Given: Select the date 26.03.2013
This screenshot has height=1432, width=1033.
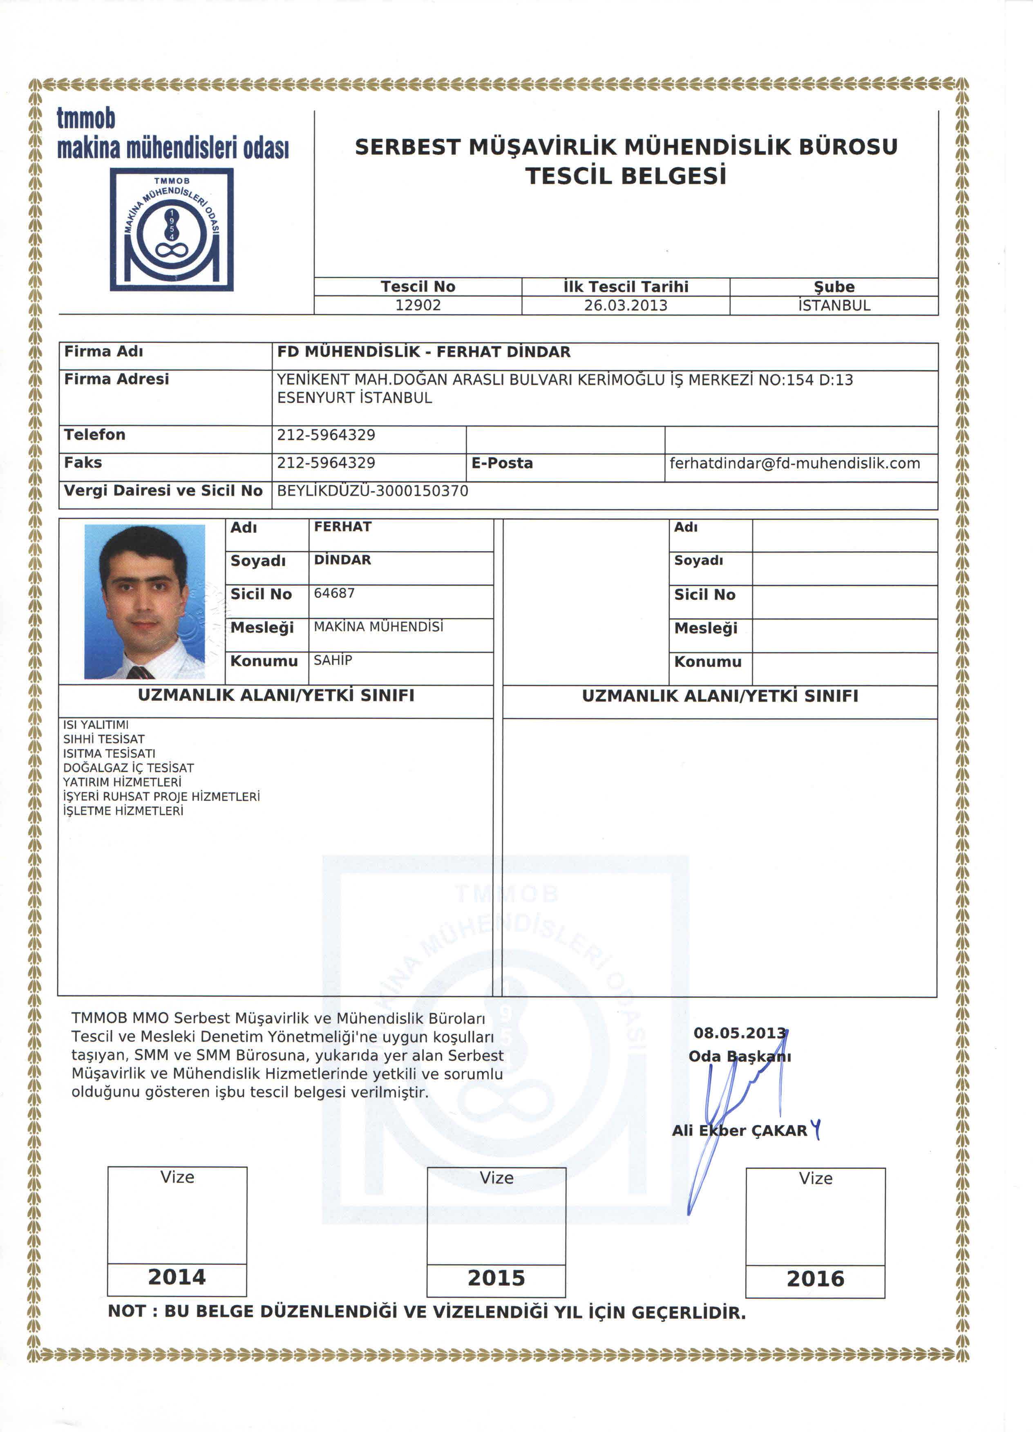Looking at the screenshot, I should tap(625, 306).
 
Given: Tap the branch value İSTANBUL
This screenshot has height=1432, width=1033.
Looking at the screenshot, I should tap(834, 306).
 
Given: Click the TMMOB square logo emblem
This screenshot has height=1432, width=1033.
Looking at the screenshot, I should tap(172, 229).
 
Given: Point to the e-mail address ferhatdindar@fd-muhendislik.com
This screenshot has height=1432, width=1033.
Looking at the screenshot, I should tap(794, 463).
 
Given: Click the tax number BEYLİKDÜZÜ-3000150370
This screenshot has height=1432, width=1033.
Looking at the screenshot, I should tap(373, 491).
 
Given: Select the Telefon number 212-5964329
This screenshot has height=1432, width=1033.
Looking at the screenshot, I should tap(326, 435).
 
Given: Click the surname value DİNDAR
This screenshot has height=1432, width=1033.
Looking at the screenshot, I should tap(342, 560).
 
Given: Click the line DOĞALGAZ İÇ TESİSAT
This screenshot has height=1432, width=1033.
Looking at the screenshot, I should tap(128, 768).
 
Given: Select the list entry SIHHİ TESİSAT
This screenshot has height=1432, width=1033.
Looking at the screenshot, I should tap(103, 739).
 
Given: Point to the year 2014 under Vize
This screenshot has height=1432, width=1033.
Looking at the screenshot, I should tap(177, 1277).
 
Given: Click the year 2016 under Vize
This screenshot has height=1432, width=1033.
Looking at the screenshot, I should tap(815, 1279).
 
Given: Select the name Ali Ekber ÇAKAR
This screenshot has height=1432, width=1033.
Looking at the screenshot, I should tap(739, 1131).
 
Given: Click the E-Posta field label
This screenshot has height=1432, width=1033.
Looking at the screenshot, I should tap(502, 463).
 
